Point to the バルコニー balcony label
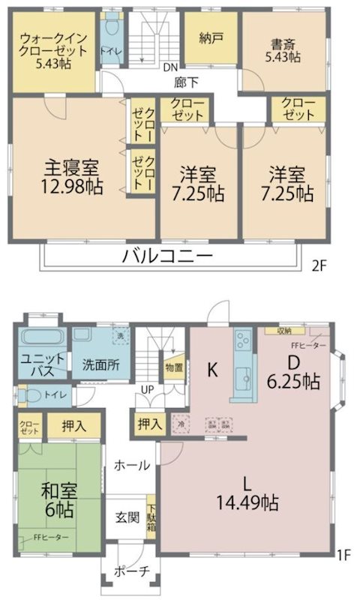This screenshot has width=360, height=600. pyautogui.click(x=168, y=256)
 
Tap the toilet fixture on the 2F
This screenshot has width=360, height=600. pyautogui.click(x=113, y=28)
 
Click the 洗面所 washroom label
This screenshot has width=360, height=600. pyautogui.click(x=100, y=365)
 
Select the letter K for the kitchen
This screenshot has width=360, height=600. pyautogui.click(x=212, y=369)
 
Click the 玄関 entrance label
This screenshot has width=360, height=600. pyautogui.click(x=125, y=517)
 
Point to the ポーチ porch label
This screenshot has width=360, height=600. pyautogui.click(x=131, y=571)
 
